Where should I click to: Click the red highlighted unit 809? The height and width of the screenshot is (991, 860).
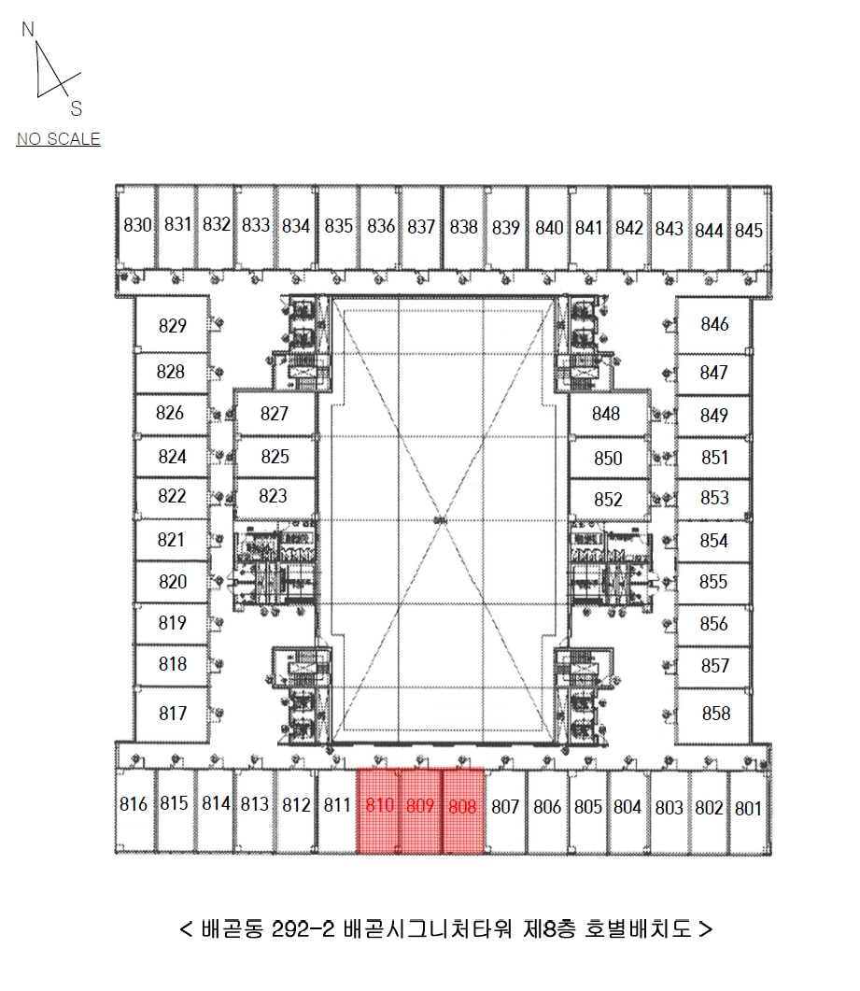(420, 811)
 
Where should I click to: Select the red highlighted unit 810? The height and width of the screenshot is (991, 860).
(378, 811)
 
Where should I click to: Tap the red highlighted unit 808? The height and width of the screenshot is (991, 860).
(462, 811)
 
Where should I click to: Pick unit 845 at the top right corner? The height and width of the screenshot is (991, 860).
(750, 228)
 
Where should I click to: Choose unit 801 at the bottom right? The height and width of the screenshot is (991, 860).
(750, 811)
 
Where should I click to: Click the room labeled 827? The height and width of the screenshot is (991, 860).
(275, 414)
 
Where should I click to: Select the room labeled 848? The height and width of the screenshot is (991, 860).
(606, 414)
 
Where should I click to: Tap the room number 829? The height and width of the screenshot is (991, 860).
(173, 325)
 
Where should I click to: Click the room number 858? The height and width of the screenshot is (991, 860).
(716, 714)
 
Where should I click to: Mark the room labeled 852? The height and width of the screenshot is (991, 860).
(608, 500)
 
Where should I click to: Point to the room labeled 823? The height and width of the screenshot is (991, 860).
(273, 496)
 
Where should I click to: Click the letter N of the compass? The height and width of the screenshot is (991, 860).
(28, 29)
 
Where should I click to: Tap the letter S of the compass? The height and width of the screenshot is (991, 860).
(77, 108)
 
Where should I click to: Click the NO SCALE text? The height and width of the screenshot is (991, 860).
(58, 139)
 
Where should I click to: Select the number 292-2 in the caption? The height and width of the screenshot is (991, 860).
(303, 929)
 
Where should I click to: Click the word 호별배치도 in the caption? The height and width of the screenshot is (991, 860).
(638, 929)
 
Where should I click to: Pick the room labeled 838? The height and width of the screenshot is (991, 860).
(464, 226)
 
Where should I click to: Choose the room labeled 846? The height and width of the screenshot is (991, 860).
(714, 324)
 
